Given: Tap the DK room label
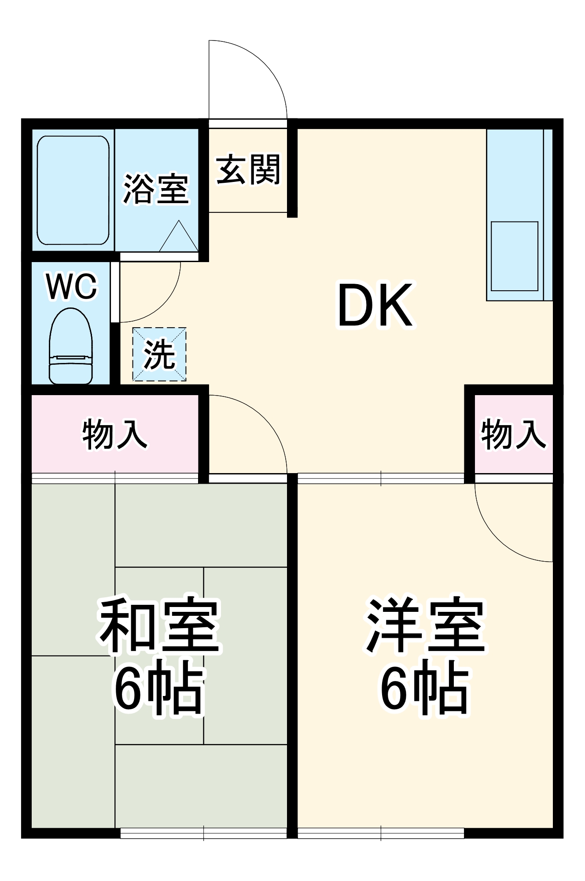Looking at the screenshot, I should [x=375, y=306].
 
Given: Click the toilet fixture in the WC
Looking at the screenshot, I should [x=71, y=346].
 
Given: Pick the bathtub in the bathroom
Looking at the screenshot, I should [x=73, y=190].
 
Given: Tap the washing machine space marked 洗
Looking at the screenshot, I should [x=159, y=355].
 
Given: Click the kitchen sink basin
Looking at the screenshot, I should [x=514, y=256].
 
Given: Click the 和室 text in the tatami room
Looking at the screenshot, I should [x=159, y=626].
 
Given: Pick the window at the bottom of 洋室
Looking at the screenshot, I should [x=381, y=833].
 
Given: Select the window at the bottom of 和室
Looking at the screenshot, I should [x=203, y=833].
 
